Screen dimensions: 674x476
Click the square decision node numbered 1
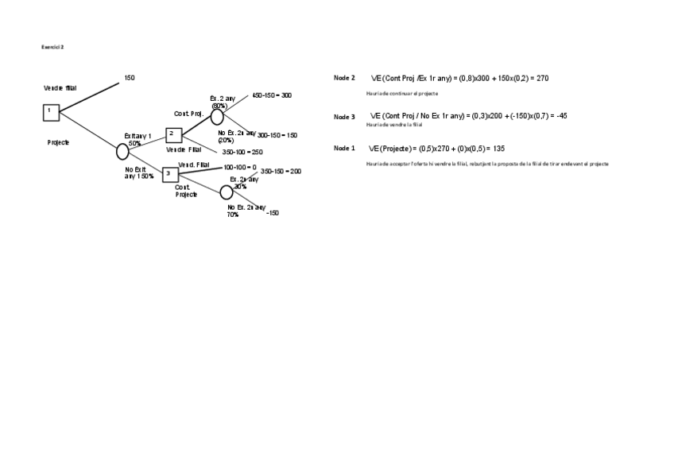[x=51, y=113]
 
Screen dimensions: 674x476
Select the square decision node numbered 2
[x=174, y=135]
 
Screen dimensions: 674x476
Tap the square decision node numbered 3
[x=169, y=174]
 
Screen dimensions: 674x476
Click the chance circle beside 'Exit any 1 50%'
[x=122, y=151]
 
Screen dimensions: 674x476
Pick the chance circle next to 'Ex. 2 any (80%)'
[x=217, y=117]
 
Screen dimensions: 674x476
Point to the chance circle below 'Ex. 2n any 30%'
[x=227, y=192]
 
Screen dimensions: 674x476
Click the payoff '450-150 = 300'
[x=272, y=95]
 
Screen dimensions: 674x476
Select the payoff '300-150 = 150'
[x=277, y=136]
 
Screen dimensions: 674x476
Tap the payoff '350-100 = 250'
[x=242, y=152]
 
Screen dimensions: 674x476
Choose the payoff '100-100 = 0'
[x=239, y=168]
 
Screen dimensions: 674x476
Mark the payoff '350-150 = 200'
[x=281, y=172]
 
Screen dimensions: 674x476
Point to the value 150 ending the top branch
[x=130, y=78]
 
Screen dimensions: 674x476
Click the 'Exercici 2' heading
[x=52, y=47]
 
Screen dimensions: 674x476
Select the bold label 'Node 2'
[x=344, y=78]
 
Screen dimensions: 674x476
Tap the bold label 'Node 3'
[x=344, y=117]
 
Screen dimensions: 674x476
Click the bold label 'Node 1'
[x=344, y=149]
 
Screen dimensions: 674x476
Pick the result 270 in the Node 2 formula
[x=542, y=79]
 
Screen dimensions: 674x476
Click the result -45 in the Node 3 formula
[x=561, y=116]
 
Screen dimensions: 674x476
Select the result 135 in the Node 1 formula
[x=499, y=149]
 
